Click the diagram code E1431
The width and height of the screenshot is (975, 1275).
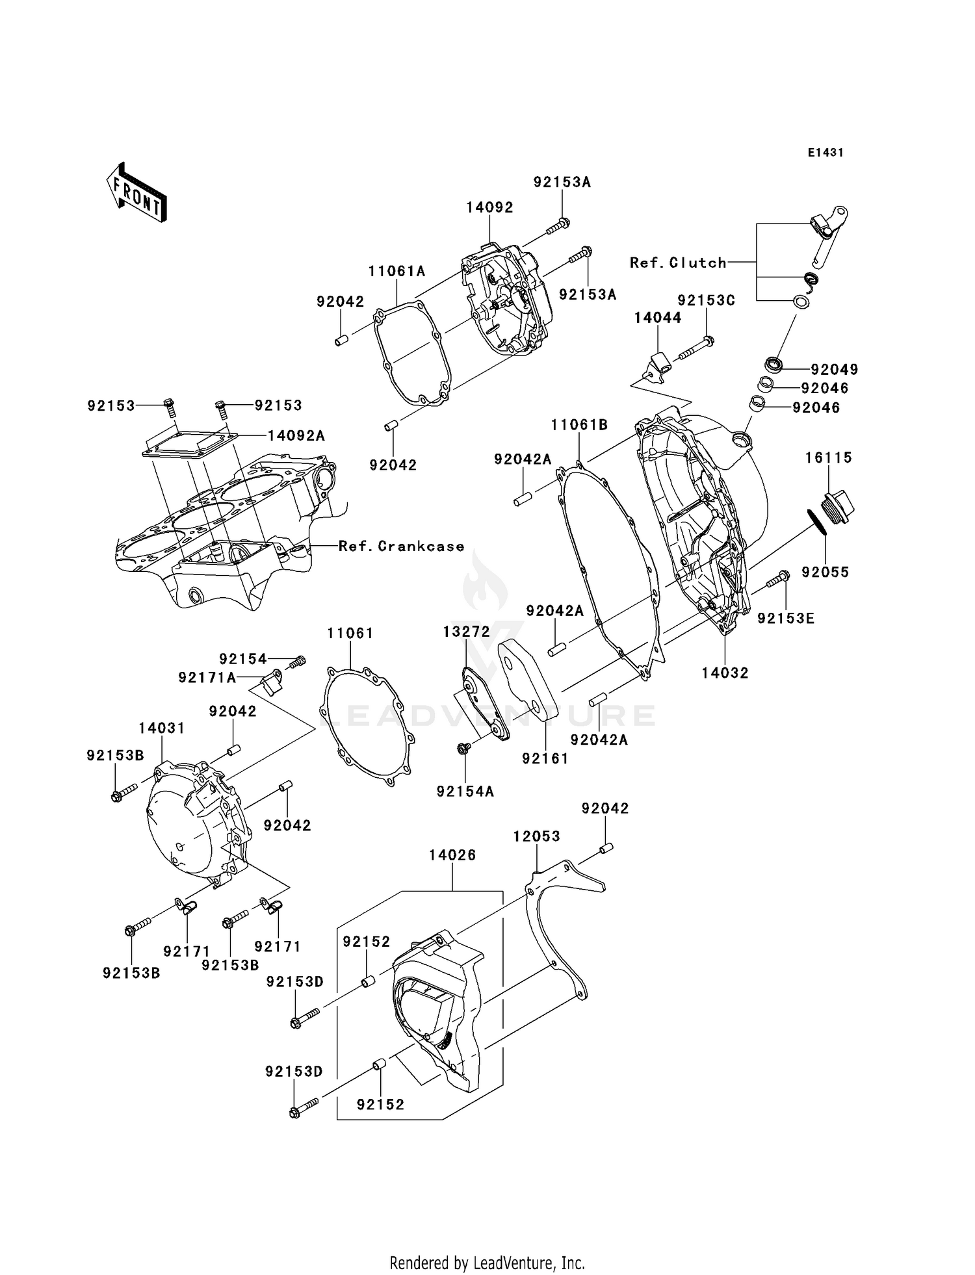pos(825,153)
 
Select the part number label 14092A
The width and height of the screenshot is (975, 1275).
pos(296,436)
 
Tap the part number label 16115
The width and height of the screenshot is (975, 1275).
pos(829,457)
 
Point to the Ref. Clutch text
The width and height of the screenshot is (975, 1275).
pos(678,263)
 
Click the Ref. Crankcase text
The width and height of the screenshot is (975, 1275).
pos(401,546)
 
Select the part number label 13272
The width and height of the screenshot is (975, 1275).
pos(465,632)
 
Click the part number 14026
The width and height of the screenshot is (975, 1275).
pos(452,855)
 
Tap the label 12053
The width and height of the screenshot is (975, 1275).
pos(536,836)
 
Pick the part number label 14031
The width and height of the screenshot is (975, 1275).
pos(162,728)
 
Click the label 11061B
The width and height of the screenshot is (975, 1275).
pos(579,425)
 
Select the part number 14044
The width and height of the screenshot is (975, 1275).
pos(658,318)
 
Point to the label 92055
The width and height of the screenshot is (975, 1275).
pos(825,572)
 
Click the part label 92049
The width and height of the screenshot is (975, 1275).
pos(835,370)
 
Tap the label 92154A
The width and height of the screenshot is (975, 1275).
pos(465,792)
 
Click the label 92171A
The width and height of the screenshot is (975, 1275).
pos(207,678)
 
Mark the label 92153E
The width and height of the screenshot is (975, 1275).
pos(786,618)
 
